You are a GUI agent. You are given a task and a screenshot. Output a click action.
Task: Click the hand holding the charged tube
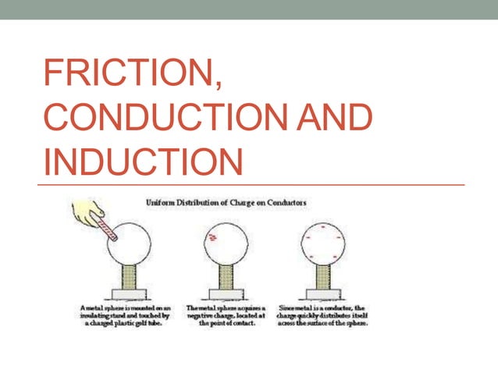click(87, 211)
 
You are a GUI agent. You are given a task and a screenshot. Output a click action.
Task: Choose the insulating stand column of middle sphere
click(226, 278)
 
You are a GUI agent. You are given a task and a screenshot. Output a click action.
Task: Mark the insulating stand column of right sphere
click(322, 278)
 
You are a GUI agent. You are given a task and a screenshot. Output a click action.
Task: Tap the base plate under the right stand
click(322, 295)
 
